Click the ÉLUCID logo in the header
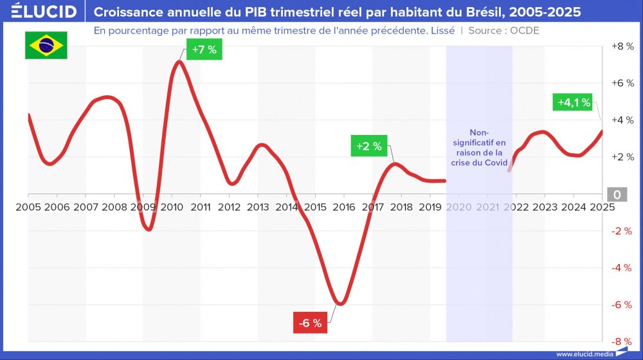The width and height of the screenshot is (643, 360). tap(44, 12)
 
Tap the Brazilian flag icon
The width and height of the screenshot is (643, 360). tap(46, 45)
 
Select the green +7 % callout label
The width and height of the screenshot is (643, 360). tap(204, 50)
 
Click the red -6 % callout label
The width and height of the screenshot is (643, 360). tap(311, 323)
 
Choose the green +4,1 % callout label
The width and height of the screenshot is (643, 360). tap(574, 103)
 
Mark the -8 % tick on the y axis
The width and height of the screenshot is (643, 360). tap(621, 341)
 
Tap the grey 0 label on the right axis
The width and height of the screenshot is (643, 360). tap(617, 195)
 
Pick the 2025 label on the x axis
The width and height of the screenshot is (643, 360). tap(602, 207)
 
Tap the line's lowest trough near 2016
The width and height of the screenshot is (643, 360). tap(341, 303)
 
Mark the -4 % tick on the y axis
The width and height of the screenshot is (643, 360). tap(621, 267)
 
